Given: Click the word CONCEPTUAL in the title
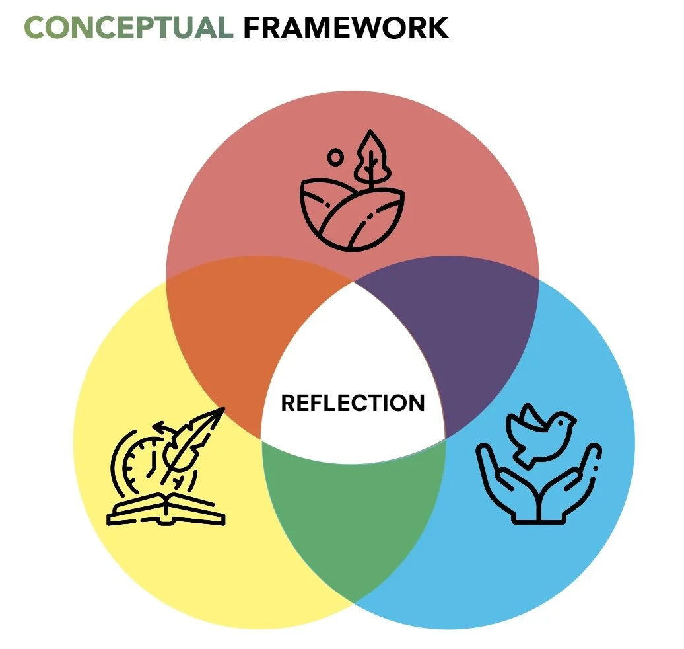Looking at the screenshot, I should [x=128, y=28].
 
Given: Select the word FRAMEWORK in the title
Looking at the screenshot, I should [x=346, y=28].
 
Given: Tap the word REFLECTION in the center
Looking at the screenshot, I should [x=353, y=402].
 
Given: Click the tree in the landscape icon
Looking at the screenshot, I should [x=371, y=157].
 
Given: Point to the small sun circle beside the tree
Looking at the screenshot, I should [x=336, y=158].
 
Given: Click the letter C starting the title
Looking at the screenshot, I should [x=36, y=28].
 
